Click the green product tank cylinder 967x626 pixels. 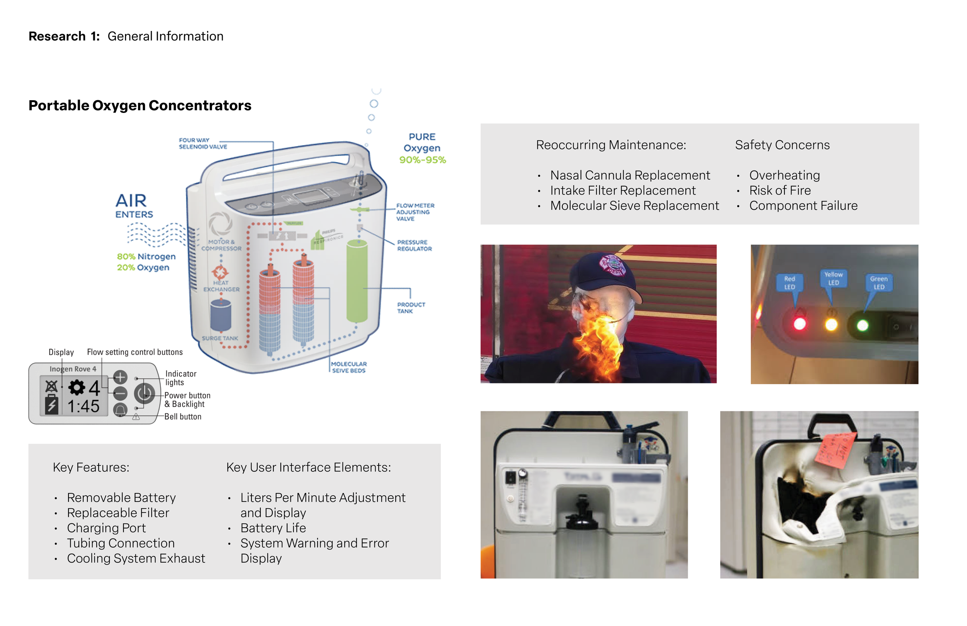pyautogui.click(x=357, y=281)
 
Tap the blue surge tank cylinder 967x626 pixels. pyautogui.click(x=220, y=315)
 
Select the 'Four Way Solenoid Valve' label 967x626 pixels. pyautogui.click(x=203, y=144)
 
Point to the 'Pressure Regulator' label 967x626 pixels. pyautogui.click(x=414, y=246)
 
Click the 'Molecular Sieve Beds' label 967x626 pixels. pyautogui.click(x=349, y=367)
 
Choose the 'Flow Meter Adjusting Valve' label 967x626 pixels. pyautogui.click(x=415, y=212)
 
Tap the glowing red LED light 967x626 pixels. pyautogui.click(x=799, y=324)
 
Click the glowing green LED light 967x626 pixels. pyautogui.click(x=862, y=325)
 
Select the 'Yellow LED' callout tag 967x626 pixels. pyautogui.click(x=833, y=279)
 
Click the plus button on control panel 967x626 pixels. pyautogui.click(x=120, y=377)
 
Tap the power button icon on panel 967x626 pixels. pyautogui.click(x=144, y=393)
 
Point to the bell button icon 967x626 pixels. pyautogui.click(x=120, y=410)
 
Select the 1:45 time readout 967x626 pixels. pyautogui.click(x=83, y=406)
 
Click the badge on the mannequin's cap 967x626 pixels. pyautogui.click(x=613, y=266)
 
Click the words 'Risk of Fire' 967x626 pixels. pyautogui.click(x=780, y=190)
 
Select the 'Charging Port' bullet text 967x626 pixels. pyautogui.click(x=106, y=528)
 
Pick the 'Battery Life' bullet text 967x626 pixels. pyautogui.click(x=273, y=528)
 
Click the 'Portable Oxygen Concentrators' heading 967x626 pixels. pyautogui.click(x=140, y=105)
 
